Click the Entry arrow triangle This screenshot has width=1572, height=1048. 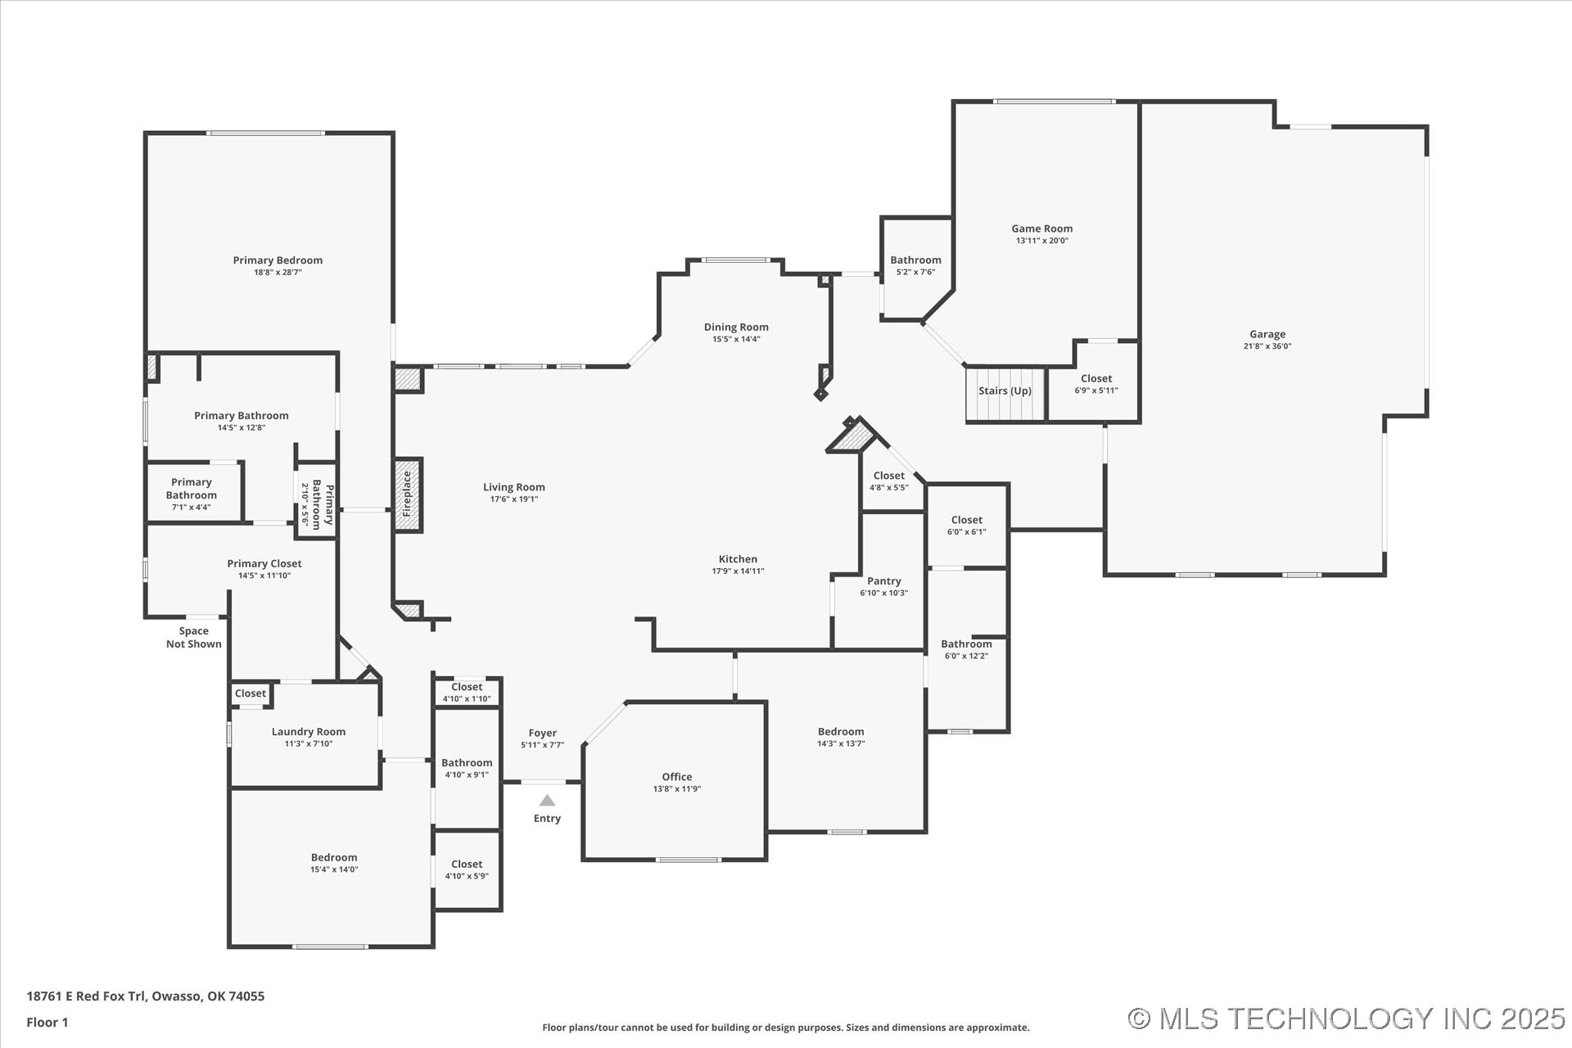[x=547, y=801]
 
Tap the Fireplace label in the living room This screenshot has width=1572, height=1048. [x=407, y=494]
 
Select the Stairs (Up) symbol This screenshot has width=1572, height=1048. [x=1005, y=393]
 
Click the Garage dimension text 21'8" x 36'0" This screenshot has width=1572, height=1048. [x=1267, y=346]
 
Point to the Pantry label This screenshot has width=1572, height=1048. [x=883, y=580]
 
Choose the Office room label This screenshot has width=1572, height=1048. [x=676, y=776]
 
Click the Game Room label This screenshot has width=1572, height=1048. [x=1041, y=228]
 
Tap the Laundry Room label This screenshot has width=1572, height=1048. [x=309, y=731]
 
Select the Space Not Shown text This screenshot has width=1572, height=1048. [x=194, y=637]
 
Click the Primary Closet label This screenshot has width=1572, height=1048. [x=264, y=563]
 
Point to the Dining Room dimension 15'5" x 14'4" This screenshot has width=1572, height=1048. [x=736, y=339]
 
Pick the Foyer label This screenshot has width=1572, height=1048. [x=542, y=733]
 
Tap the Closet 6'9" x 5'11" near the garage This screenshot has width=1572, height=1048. [x=1095, y=384]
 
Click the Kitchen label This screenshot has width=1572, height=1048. [x=738, y=559]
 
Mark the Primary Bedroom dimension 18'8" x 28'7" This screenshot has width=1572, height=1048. [x=278, y=273]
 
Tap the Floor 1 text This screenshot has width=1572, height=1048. [x=47, y=1022]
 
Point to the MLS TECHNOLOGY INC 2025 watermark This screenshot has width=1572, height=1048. [x=1347, y=1019]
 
